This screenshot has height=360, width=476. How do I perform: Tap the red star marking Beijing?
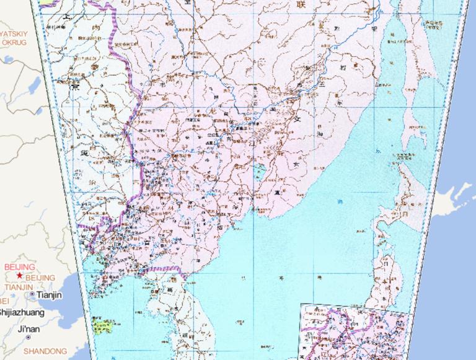pos(20,275)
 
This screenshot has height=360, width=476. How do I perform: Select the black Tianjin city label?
pos(50,295)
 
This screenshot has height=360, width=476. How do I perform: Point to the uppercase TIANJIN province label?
pos(19,287)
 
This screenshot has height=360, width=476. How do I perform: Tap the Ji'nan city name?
pos(29,328)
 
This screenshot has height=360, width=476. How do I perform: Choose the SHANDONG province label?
pos(45,351)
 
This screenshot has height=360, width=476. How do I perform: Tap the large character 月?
pos(404,213)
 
